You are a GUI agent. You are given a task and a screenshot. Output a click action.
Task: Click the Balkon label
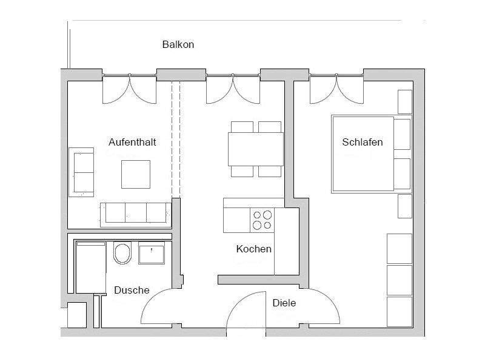178,44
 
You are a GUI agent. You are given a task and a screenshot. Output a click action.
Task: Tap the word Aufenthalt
132,142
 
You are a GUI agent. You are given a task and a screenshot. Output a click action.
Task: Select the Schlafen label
362,142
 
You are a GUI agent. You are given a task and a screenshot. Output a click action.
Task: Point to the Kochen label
253,249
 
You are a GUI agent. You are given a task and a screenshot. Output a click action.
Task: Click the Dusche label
132,290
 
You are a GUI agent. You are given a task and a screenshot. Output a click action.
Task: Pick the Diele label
284,303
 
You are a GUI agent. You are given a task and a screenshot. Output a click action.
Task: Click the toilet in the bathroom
122,252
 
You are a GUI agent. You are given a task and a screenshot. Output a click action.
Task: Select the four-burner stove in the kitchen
262,220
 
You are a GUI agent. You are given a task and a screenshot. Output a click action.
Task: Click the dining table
256,149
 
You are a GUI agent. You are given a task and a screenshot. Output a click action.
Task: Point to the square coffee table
136,174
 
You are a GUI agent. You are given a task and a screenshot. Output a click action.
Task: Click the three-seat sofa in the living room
136,215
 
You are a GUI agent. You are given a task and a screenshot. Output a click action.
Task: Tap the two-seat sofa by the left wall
81,172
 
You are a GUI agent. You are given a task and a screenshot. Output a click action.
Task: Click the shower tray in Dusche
90,267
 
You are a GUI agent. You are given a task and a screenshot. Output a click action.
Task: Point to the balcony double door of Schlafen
336,89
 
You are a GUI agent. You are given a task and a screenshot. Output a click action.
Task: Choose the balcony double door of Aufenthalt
129,89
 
